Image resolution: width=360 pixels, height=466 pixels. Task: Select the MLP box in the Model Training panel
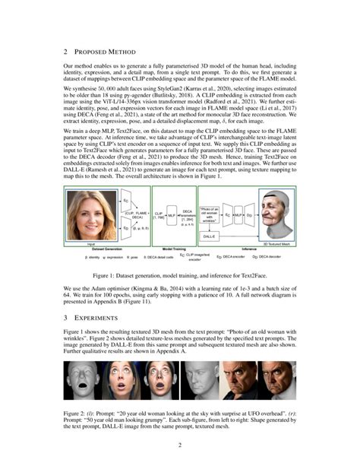171,216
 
